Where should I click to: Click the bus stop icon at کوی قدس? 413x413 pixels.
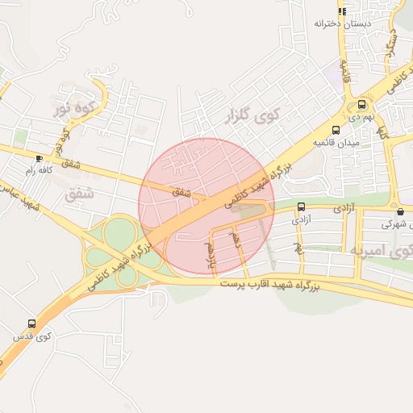31,323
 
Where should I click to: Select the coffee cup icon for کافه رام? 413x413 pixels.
40,158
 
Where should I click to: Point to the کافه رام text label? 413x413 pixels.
40,169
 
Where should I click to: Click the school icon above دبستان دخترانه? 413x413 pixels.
341,12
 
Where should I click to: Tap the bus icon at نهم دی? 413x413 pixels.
361,104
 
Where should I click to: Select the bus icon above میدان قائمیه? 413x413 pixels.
336,130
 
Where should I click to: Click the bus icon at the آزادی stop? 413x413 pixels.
302,206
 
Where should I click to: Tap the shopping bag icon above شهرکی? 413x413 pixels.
400,212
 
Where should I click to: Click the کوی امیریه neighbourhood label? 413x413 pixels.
380,251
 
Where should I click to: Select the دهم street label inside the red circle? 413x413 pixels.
236,239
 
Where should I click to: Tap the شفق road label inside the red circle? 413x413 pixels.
181,192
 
